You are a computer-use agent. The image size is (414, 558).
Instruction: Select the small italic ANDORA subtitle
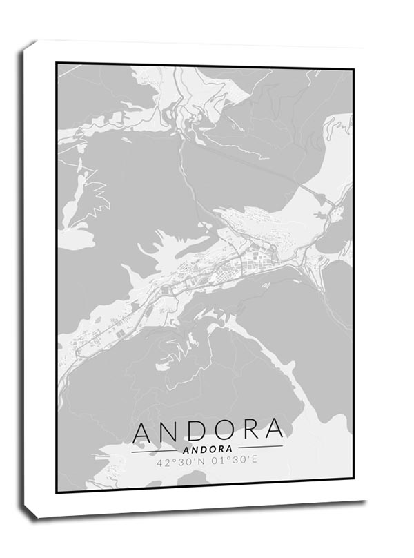pos(207,448)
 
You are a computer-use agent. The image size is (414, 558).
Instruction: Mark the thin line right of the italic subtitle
pos(261,447)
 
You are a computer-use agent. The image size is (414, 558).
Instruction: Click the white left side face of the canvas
pos(27,276)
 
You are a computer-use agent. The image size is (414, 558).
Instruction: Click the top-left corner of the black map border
pos(57,64)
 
